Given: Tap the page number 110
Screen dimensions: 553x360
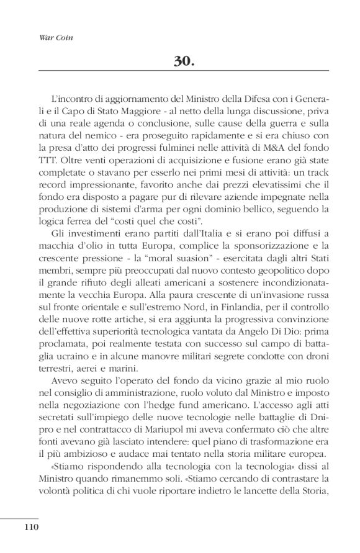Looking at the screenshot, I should [x=32, y=528].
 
